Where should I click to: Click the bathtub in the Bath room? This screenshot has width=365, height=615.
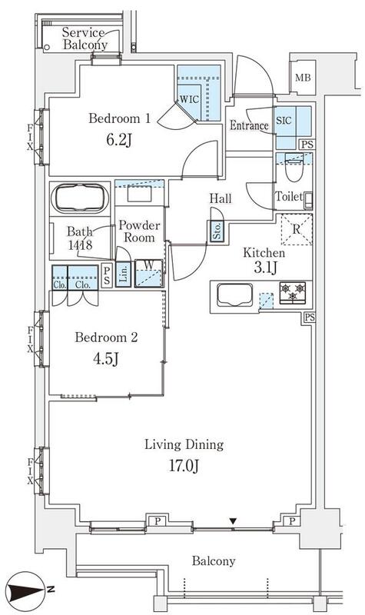click(x=82, y=199)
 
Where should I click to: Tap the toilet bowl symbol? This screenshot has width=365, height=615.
click(x=294, y=168)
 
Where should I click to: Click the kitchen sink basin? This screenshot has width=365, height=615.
click(x=235, y=294)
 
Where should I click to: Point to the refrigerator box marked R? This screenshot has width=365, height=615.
click(x=297, y=229)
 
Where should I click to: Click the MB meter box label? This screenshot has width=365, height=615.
click(x=303, y=78)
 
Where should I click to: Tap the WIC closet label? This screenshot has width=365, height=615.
click(x=189, y=99)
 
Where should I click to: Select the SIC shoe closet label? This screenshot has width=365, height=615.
click(x=284, y=121)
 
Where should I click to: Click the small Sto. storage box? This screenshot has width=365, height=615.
click(x=217, y=231)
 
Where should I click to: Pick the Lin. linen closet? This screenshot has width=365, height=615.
click(x=123, y=274)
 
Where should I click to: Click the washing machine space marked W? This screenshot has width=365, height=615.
click(x=148, y=273)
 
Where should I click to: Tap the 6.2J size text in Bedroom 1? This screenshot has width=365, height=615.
click(x=118, y=140)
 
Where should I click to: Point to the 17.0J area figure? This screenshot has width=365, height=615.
click(x=184, y=467)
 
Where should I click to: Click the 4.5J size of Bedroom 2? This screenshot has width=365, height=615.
click(x=106, y=358)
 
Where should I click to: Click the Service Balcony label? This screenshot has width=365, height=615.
click(x=85, y=38)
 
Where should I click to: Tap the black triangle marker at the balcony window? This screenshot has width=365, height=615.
click(x=234, y=521)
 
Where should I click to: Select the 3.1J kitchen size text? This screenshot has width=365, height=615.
click(x=265, y=268)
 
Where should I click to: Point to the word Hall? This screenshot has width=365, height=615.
click(x=221, y=198)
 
